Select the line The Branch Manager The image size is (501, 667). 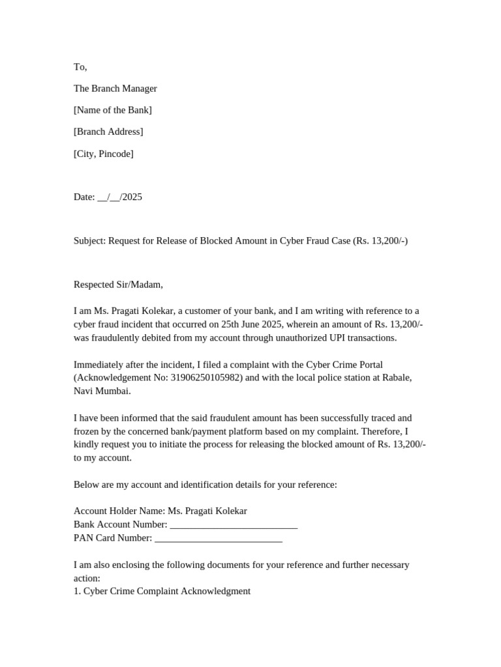pyautogui.click(x=115, y=89)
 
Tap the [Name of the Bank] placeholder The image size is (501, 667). pyautogui.click(x=112, y=110)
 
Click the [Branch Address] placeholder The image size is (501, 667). pyautogui.click(x=108, y=132)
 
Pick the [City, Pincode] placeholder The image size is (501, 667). pyautogui.click(x=103, y=154)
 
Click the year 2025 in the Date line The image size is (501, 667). pyautogui.click(x=132, y=197)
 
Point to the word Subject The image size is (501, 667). pyautogui.click(x=89, y=240)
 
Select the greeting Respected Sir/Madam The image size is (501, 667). pyautogui.click(x=118, y=284)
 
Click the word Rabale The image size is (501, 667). pyautogui.click(x=397, y=378)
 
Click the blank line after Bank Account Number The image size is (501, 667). pyautogui.click(x=233, y=525)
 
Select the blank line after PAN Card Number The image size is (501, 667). pyautogui.click(x=219, y=538)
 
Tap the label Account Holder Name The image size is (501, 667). pyautogui.click(x=119, y=511)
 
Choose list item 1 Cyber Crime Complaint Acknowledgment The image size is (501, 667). pyautogui.click(x=162, y=591)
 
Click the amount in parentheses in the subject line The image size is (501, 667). pyautogui.click(x=380, y=240)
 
